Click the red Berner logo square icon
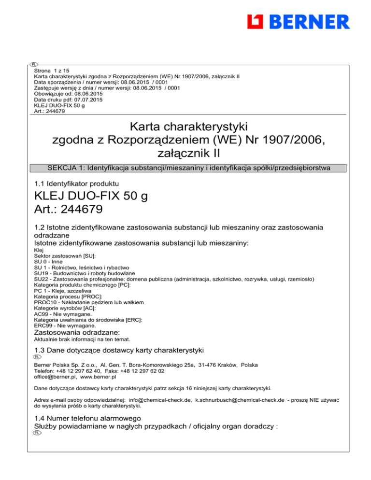point(256,21)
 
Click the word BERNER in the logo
point(309,22)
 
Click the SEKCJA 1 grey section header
point(188,168)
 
